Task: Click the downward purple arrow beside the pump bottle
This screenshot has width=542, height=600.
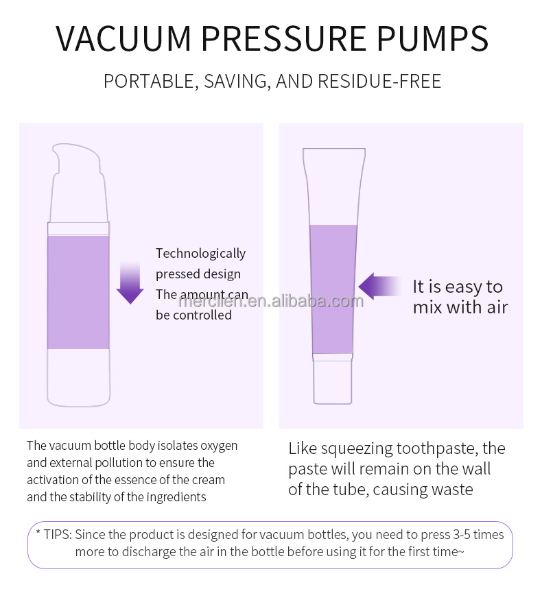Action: tap(129, 282)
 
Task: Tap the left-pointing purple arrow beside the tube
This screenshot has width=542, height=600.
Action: tap(379, 286)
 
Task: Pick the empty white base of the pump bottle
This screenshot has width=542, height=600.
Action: tap(78, 376)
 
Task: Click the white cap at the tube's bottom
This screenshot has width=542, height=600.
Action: tap(333, 381)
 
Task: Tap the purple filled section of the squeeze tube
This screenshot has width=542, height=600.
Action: tap(333, 288)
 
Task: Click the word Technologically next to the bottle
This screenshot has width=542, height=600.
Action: tap(200, 254)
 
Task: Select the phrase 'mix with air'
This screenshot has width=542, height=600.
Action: tap(460, 307)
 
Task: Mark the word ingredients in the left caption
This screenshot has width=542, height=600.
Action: tap(172, 497)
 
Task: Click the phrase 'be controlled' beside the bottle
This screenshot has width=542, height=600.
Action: tap(193, 315)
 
